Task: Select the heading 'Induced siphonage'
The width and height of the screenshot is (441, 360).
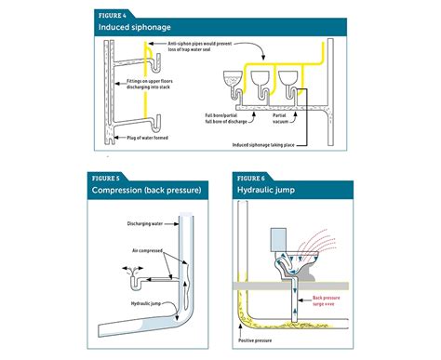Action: (133, 29)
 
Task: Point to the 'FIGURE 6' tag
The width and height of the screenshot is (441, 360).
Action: (251, 178)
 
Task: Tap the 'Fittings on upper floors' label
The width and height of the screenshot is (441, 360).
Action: (148, 82)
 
